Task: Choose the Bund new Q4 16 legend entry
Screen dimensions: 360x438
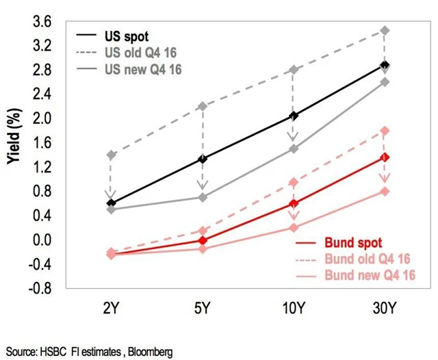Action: [x=370, y=277]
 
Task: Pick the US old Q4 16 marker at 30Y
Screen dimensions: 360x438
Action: [x=385, y=31]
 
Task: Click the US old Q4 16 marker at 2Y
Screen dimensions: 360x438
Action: [x=112, y=155]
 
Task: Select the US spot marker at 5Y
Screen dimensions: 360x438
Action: [x=202, y=159]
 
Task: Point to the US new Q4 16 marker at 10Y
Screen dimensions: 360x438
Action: [x=294, y=149]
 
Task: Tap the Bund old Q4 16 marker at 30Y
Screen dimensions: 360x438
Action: [x=385, y=131]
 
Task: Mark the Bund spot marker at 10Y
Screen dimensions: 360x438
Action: [x=294, y=203]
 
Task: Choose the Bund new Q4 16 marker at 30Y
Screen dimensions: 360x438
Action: [x=385, y=191]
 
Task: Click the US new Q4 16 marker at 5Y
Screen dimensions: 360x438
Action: [x=202, y=197]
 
